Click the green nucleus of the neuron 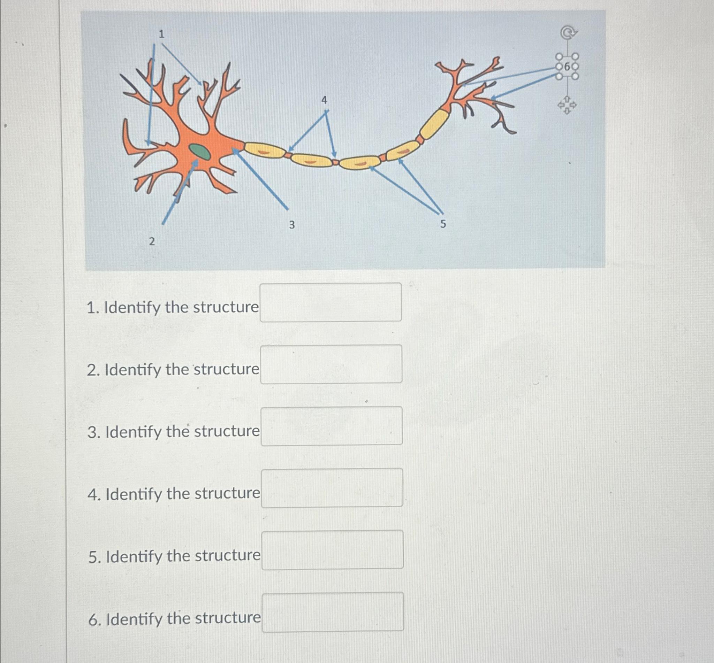pos(200,151)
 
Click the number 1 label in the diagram pos(161,34)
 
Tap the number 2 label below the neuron pos(152,242)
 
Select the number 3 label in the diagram pos(292,225)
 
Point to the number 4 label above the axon pos(324,100)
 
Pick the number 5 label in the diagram pos(443,224)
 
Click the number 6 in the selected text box pos(567,67)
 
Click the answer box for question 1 pos(331,302)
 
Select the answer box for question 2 pos(331,364)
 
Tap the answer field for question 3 pos(331,426)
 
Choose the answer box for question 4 pos(332,487)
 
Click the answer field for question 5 pos(332,550)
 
